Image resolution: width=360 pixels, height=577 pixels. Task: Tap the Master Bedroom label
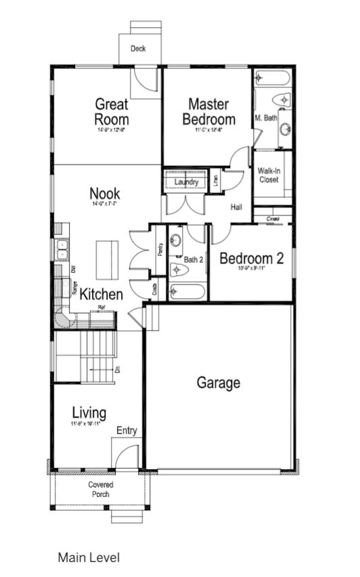click(x=208, y=112)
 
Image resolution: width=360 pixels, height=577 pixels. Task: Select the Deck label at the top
click(x=138, y=49)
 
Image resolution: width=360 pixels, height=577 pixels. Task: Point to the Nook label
click(x=105, y=194)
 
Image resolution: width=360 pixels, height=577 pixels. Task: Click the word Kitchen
click(x=102, y=295)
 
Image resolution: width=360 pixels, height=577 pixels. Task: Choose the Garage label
click(x=218, y=383)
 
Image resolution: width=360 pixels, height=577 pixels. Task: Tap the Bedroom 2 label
click(x=251, y=259)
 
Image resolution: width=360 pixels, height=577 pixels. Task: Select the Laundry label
click(x=186, y=182)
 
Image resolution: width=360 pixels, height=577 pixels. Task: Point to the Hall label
click(x=236, y=207)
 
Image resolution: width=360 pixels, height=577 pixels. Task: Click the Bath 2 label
click(x=194, y=259)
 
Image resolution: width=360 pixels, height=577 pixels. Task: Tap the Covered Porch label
click(x=100, y=489)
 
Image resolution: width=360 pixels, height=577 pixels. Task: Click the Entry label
click(x=127, y=431)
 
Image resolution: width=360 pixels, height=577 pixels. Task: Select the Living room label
click(x=89, y=413)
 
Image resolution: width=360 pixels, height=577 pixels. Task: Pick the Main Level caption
click(x=88, y=557)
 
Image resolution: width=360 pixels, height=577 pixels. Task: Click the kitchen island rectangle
click(x=106, y=259)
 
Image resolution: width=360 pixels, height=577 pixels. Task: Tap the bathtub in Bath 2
click(x=187, y=292)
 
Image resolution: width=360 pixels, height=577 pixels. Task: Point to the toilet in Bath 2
click(x=178, y=270)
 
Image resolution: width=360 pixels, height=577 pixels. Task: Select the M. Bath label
click(x=265, y=118)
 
